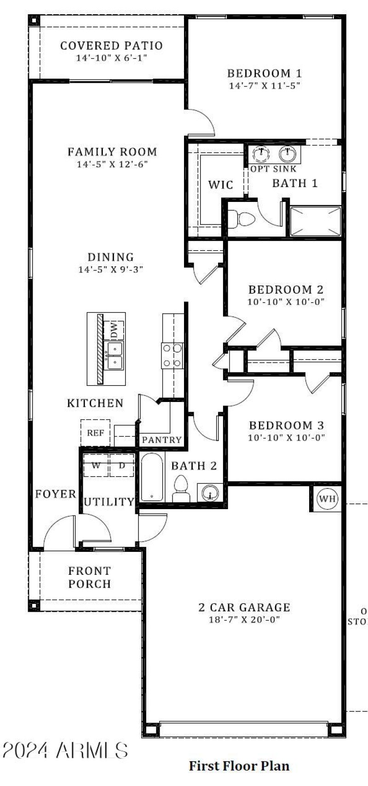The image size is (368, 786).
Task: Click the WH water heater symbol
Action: (328, 499)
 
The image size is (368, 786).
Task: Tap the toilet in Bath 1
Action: (242, 218)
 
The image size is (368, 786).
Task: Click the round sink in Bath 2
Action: (209, 493)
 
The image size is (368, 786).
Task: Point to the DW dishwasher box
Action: (114, 330)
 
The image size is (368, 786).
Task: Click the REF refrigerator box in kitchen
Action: (95, 433)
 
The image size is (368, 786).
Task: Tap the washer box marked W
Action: (96, 465)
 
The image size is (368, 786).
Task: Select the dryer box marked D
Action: (122, 465)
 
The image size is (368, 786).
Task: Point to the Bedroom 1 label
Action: (264, 73)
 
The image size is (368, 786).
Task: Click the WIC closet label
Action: (221, 185)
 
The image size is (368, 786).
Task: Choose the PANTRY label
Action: (161, 440)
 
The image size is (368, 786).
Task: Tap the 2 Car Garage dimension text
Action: (244, 620)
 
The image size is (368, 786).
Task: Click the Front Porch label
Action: (90, 577)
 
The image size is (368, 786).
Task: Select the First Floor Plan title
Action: (239, 766)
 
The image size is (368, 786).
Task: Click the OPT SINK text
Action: (273, 169)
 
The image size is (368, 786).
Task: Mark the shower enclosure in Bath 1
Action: (316, 222)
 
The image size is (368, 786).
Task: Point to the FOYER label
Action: (56, 494)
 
